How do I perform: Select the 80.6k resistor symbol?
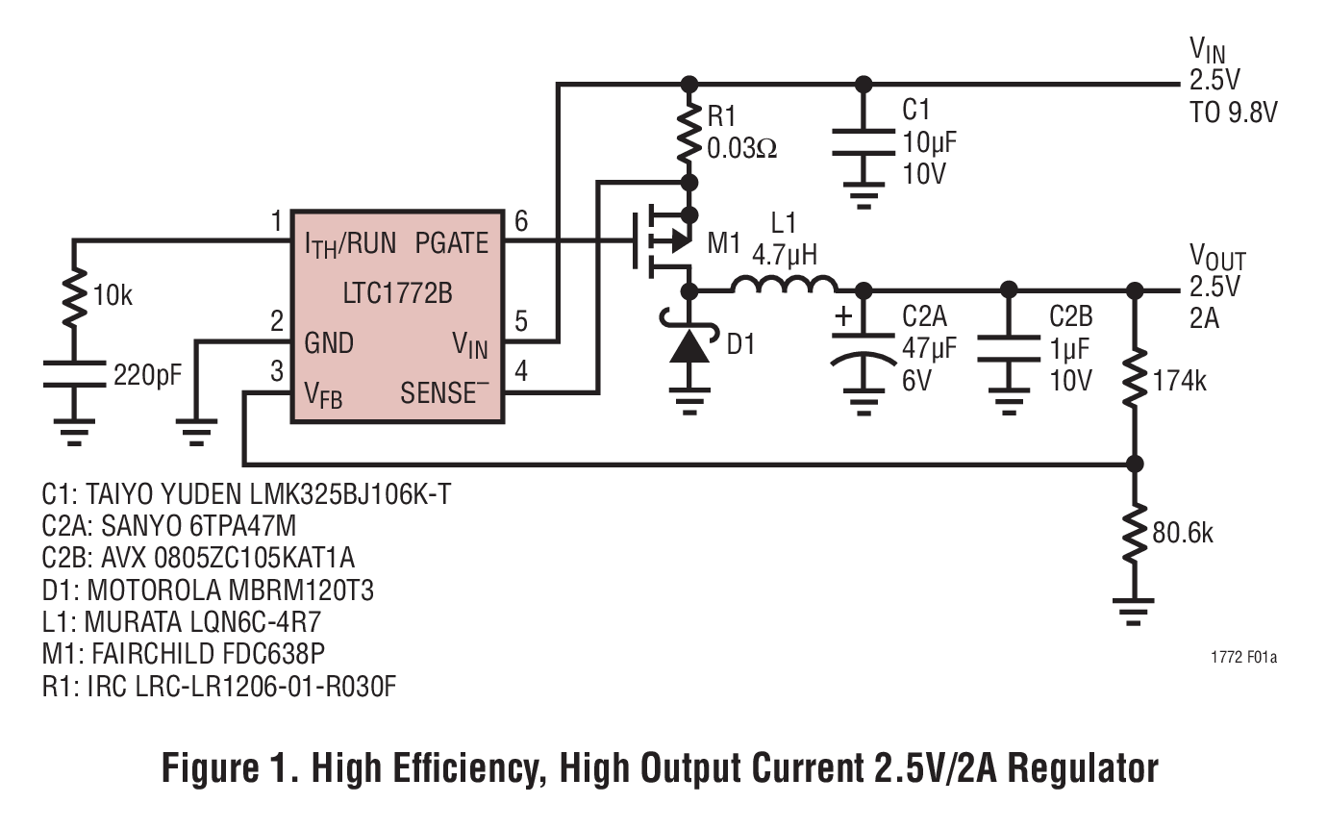1135,532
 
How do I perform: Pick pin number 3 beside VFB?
276,371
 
